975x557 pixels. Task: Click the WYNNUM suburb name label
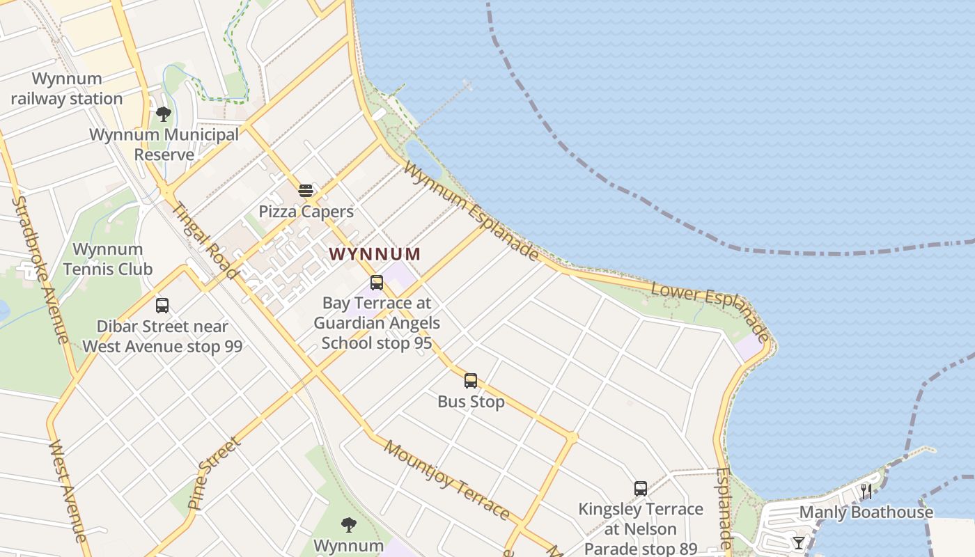(375, 253)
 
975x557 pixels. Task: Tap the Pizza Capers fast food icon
(306, 190)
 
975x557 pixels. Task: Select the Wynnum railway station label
(67, 88)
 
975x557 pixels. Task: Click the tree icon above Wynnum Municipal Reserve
(164, 113)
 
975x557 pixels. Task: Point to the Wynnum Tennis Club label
(108, 258)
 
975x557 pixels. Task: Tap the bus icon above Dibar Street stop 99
(162, 305)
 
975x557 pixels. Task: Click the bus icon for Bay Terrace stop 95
(377, 282)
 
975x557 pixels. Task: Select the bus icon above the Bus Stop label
(471, 380)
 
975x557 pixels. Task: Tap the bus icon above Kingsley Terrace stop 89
(641, 488)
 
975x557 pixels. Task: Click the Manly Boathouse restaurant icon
(866, 491)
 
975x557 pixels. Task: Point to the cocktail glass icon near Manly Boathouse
(799, 542)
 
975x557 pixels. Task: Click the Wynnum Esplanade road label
(471, 212)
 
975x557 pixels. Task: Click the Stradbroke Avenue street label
(40, 269)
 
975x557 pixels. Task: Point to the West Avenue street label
(68, 490)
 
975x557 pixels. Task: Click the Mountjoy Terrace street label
(446, 480)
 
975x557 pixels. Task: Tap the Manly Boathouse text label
(866, 512)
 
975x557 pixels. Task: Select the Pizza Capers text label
(306, 211)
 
